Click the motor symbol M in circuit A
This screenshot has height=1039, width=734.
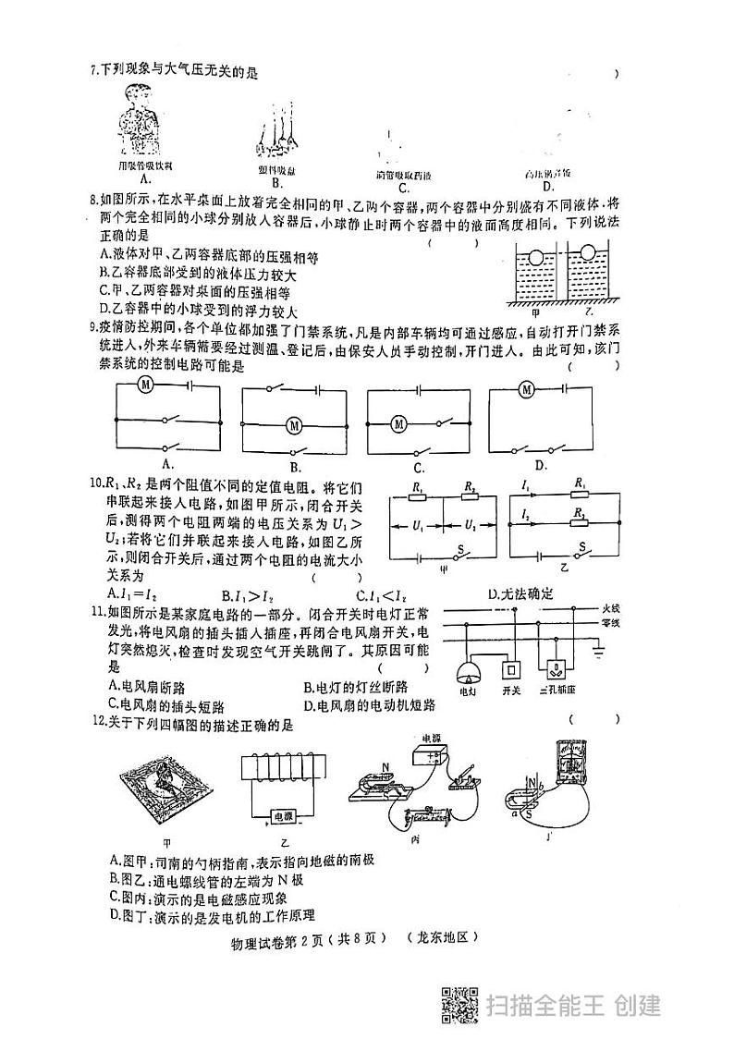click(x=145, y=383)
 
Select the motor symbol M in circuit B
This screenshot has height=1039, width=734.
click(x=295, y=424)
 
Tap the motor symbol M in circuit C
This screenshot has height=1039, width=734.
click(x=398, y=424)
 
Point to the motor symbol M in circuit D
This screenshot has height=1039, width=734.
click(x=526, y=389)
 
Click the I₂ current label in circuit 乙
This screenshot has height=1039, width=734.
click(x=525, y=511)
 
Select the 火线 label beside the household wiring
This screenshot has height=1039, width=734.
click(x=610, y=609)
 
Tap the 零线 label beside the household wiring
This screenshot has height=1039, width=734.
click(x=610, y=623)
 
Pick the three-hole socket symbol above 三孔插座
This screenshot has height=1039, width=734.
click(x=557, y=668)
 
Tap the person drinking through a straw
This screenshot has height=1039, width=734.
click(x=141, y=120)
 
